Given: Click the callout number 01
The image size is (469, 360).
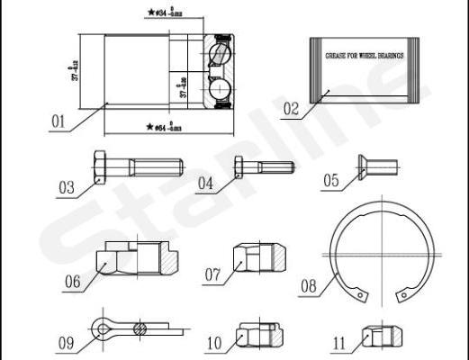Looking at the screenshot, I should pyautogui.click(x=59, y=119).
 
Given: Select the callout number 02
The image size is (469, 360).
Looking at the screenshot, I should pyautogui.click(x=291, y=110).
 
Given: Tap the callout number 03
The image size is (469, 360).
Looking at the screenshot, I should pyautogui.click(x=66, y=188).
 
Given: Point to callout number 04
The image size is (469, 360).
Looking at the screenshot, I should pyautogui.click(x=206, y=184).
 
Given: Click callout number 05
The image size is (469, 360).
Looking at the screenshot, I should pyautogui.click(x=331, y=181).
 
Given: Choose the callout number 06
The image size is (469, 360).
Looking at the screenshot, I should pyautogui.click(x=72, y=282).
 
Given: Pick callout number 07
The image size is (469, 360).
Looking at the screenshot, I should pyautogui.click(x=212, y=274).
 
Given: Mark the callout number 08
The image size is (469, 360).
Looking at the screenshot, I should pyautogui.click(x=308, y=288).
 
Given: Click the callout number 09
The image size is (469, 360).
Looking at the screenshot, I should pyautogui.click(x=66, y=343).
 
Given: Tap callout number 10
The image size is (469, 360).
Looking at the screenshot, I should pyautogui.click(x=213, y=343).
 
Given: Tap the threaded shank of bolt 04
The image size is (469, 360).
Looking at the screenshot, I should pyautogui.click(x=274, y=167).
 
